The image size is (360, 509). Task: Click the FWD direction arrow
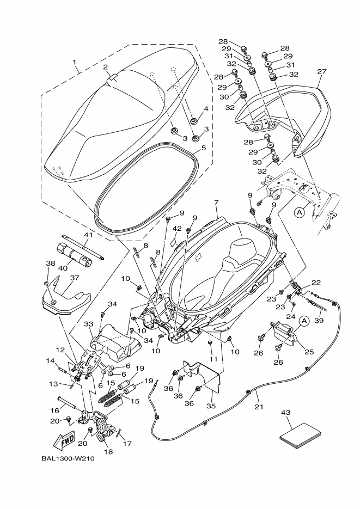64,439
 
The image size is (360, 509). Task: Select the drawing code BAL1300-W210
68,458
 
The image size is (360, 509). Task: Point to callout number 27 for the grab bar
321,71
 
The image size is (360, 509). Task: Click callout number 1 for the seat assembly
75,62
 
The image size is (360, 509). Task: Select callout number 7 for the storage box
216,203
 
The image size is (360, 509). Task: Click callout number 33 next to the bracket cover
89,323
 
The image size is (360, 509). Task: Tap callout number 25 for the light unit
309,352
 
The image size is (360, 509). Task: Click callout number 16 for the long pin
54,410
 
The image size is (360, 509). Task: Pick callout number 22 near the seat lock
315,282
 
